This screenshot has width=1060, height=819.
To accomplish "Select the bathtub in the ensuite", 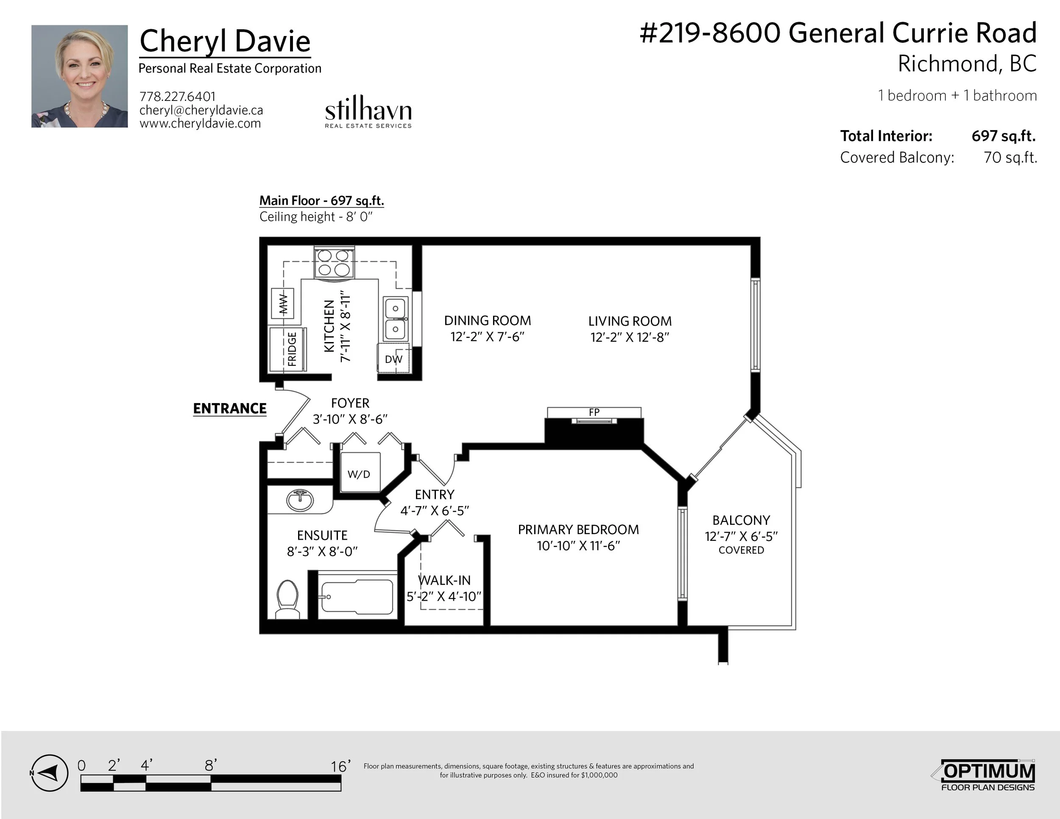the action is (x=357, y=597).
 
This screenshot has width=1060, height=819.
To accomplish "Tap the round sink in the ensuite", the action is (x=300, y=500).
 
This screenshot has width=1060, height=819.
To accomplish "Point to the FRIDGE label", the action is (x=292, y=348).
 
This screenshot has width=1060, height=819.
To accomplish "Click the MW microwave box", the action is (x=282, y=303).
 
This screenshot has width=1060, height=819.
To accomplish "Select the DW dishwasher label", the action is (x=393, y=359).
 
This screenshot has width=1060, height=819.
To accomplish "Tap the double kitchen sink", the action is (x=396, y=319).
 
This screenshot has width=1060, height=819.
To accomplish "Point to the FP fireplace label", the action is (x=594, y=412).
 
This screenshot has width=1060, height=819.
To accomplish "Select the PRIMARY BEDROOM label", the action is (x=578, y=529).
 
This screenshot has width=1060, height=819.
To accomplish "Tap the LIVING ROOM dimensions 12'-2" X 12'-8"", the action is (x=630, y=337).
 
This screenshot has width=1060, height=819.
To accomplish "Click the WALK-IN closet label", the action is (x=445, y=580).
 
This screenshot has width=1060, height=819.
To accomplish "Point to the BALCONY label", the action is (x=741, y=520).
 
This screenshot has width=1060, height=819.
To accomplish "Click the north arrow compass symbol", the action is (x=49, y=773).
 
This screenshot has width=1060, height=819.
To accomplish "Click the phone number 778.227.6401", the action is (x=177, y=97).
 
